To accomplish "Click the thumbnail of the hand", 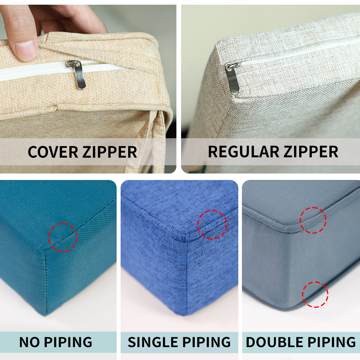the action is [26, 50].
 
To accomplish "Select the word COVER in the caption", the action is [53, 152].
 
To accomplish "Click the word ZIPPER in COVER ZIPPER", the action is [110, 152].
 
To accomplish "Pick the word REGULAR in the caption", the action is [243, 152].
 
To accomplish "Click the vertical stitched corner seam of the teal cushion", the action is [46, 282].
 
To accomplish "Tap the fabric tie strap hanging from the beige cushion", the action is [147, 142].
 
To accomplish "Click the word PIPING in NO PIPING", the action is [68, 342].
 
